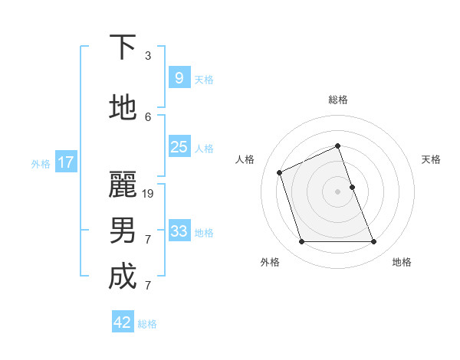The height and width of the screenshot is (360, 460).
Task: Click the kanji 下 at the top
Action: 123,47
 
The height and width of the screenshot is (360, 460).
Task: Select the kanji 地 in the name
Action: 123,108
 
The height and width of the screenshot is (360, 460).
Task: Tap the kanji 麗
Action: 123,185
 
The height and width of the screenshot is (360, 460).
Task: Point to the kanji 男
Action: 123,231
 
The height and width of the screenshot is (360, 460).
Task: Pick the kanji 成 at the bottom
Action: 123,277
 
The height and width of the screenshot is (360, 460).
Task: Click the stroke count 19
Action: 149,194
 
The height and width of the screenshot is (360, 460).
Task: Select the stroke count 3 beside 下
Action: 148,56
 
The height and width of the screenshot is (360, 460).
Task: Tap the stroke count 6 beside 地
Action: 148,117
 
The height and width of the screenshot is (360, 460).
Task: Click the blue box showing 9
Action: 179,78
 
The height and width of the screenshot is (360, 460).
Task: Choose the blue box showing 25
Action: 179,147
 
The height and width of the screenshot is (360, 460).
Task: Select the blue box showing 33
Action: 179,231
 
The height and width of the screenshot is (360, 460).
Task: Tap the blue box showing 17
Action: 65,162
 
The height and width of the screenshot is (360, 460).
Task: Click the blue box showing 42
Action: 123,322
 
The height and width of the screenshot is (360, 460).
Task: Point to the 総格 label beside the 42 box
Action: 147,324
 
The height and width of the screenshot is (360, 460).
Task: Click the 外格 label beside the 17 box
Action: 41,163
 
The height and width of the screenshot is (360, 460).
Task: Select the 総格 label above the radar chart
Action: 337,100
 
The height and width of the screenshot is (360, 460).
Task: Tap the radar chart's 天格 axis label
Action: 431,159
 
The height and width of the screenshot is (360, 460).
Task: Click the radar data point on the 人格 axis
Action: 280,172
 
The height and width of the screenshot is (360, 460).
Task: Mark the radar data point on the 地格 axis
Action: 373,242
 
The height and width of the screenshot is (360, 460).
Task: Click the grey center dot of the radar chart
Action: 337,191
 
